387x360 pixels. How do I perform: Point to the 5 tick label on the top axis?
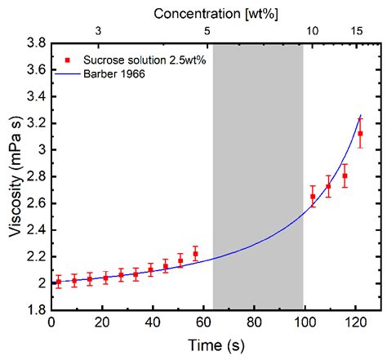(x=207, y=30)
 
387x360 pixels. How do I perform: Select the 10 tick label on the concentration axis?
(x=312, y=30)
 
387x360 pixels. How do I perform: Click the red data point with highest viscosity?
(x=360, y=134)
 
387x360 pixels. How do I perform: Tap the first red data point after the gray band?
(x=313, y=197)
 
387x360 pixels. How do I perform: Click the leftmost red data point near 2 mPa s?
(x=58, y=282)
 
